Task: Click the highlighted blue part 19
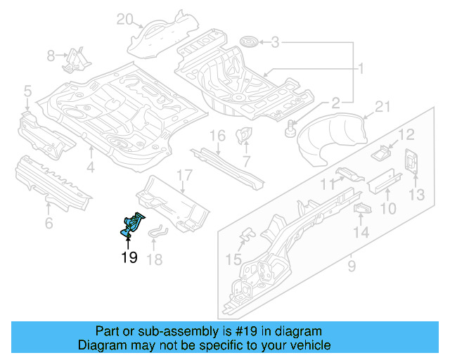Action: tap(132, 225)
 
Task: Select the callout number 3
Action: tap(276, 42)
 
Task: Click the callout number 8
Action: tap(51, 55)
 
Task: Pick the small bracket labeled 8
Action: tap(75, 60)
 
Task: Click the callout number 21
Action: tap(382, 107)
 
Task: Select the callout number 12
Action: tap(407, 134)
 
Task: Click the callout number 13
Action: tap(417, 195)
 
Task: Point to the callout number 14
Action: tap(361, 233)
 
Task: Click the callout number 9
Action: tap(351, 266)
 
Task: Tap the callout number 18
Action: tap(153, 260)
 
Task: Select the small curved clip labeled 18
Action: tap(159, 229)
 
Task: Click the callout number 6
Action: tap(49, 224)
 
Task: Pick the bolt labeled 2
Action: tap(289, 129)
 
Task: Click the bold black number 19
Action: tap(129, 258)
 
